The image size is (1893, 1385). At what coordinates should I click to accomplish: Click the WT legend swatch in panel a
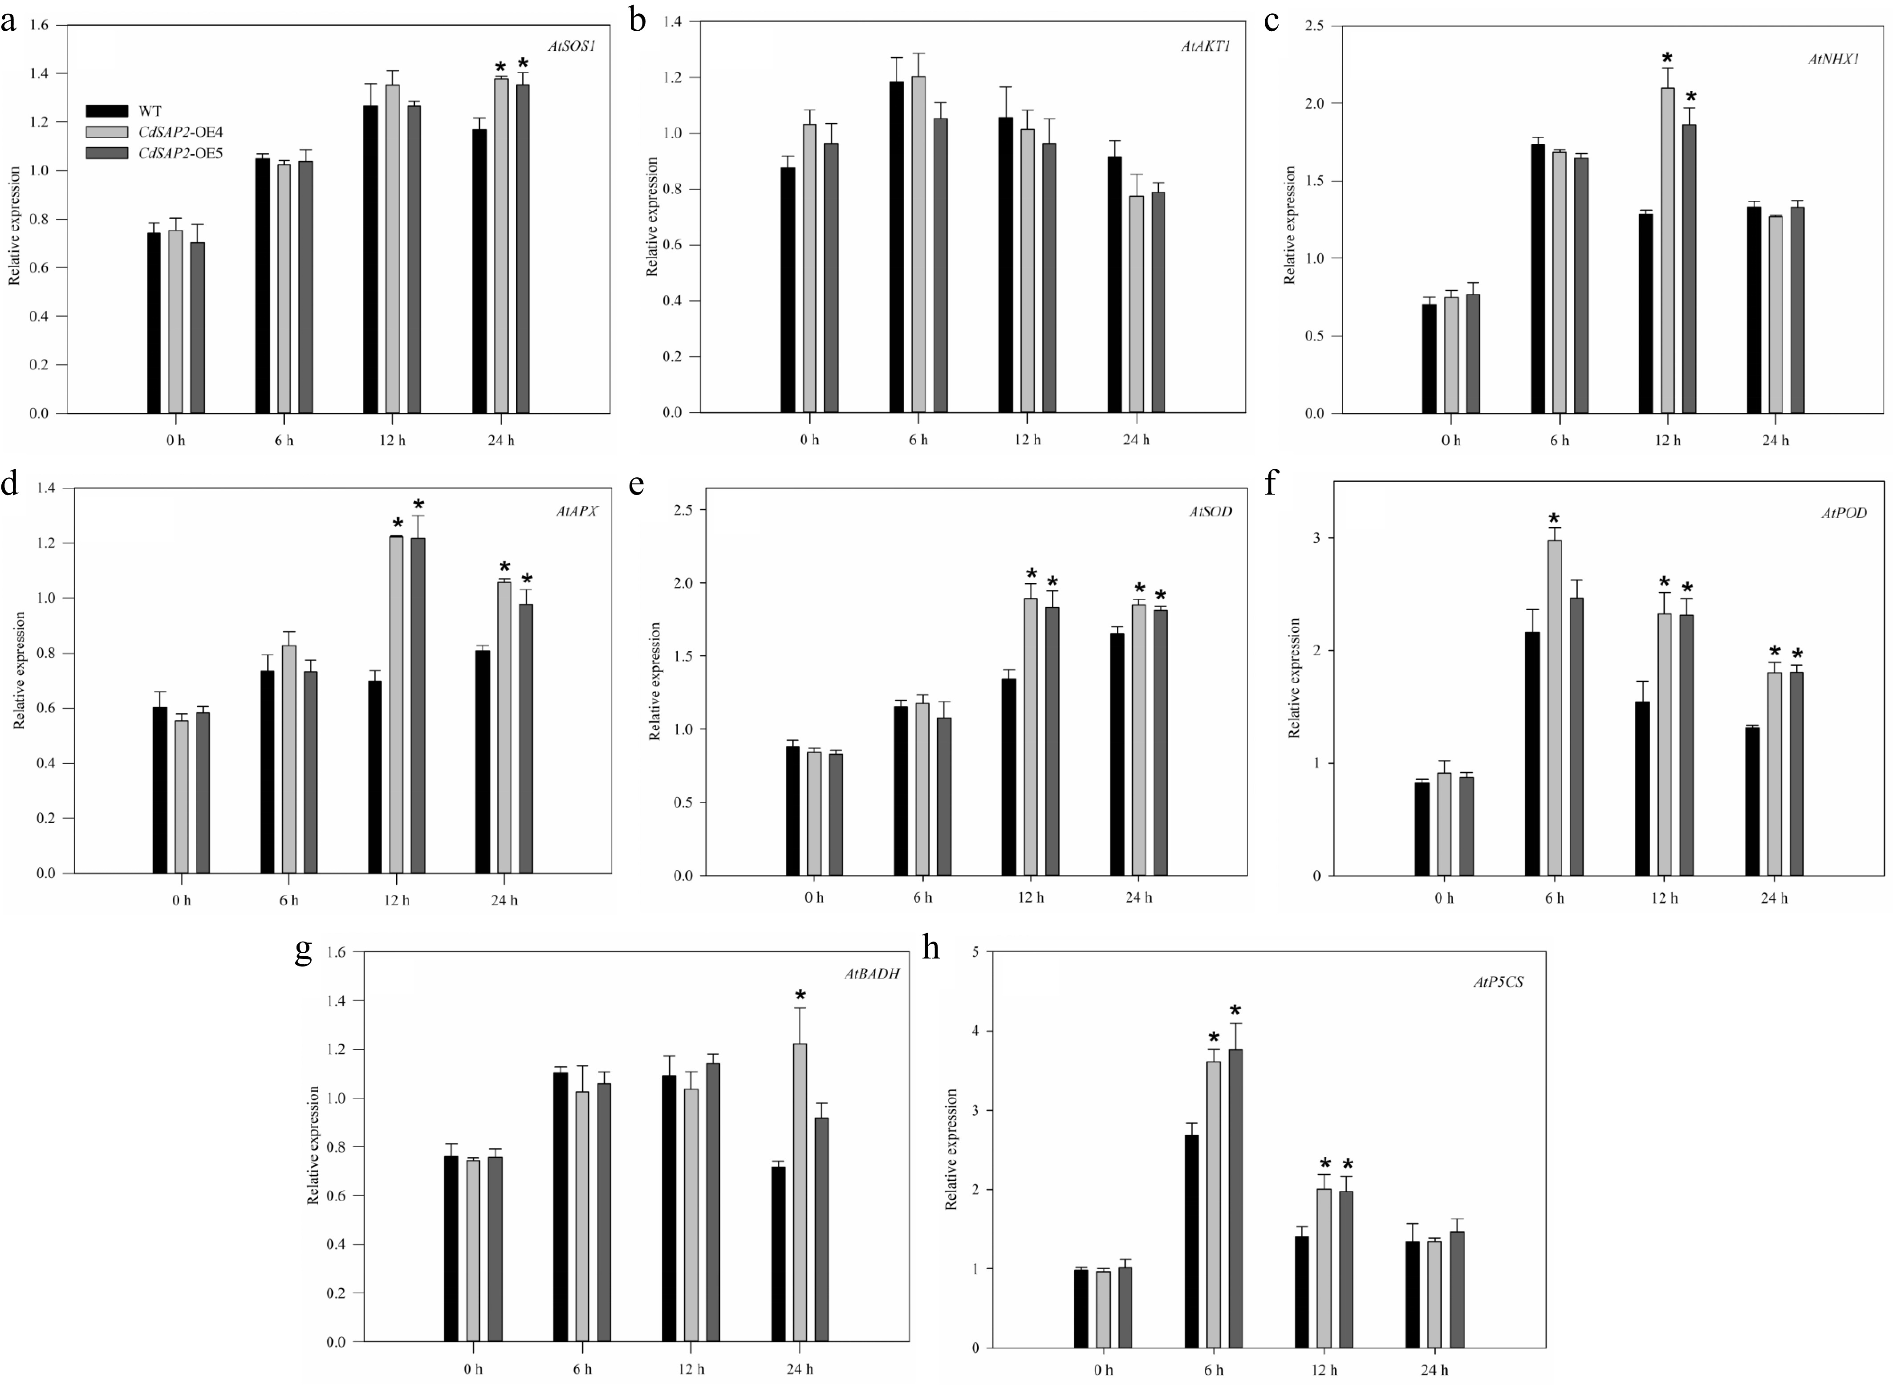(x=107, y=111)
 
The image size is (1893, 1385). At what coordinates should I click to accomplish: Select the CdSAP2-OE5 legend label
(x=180, y=154)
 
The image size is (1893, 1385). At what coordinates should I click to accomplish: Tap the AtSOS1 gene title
(x=572, y=47)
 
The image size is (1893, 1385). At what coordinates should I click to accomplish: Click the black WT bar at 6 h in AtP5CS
(x=1191, y=1241)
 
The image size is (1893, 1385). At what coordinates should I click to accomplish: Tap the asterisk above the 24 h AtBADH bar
(x=800, y=996)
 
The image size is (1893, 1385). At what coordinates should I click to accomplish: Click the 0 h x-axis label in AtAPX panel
(x=181, y=901)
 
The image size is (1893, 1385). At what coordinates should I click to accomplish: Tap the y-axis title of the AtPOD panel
(x=1294, y=678)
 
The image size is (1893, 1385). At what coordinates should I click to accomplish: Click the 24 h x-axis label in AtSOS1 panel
(x=500, y=441)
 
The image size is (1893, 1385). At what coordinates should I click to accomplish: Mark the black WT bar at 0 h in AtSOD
(x=792, y=810)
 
